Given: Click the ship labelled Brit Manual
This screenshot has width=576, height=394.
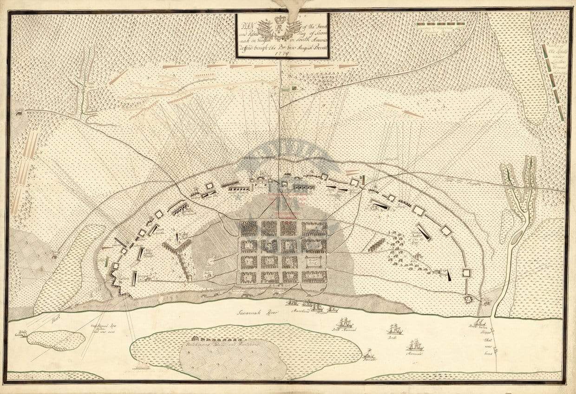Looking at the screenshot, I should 345,323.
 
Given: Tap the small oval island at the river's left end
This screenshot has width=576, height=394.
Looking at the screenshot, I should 56,340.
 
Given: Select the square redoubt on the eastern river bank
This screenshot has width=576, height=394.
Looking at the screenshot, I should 468,299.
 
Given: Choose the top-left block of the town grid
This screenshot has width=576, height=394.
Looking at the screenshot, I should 249,228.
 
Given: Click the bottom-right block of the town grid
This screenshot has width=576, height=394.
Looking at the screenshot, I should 314,277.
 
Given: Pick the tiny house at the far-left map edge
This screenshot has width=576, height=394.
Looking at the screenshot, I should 19,112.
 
